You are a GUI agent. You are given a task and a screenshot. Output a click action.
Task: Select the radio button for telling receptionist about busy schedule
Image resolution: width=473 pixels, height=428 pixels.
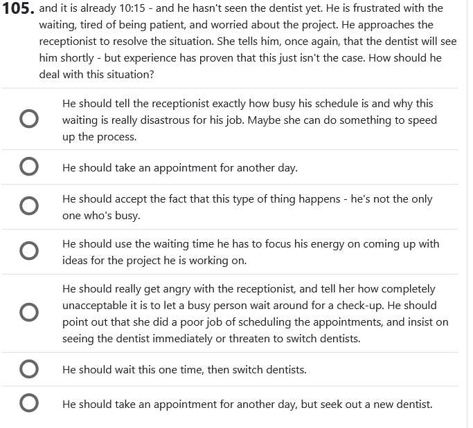tap(28, 120)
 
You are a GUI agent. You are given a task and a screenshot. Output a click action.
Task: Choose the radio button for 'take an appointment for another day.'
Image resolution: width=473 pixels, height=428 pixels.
tap(28, 167)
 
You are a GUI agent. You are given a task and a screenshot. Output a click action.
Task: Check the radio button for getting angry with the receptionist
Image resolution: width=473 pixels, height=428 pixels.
tap(28, 313)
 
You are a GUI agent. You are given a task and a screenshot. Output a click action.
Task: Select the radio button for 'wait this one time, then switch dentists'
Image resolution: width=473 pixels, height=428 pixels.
tap(28, 369)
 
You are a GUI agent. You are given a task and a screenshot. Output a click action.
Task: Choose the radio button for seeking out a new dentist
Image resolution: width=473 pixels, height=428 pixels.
tap(28, 404)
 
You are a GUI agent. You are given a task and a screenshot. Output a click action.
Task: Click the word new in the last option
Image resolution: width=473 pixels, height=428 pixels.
tap(384, 404)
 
